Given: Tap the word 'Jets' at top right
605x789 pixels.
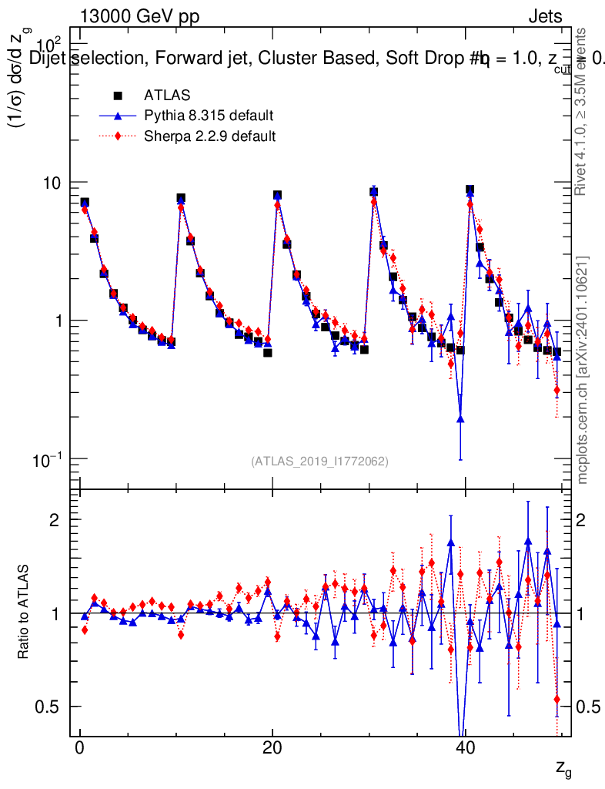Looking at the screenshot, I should [x=545, y=18].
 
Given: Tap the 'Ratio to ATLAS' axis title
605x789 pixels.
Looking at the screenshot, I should [x=25, y=613].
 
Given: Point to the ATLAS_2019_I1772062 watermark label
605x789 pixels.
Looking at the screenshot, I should [x=319, y=462].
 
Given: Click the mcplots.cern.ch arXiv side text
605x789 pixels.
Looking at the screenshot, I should [x=583, y=370].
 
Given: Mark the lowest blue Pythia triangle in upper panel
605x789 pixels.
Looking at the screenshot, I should [x=460, y=418].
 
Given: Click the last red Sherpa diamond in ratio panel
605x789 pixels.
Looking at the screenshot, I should [x=557, y=700].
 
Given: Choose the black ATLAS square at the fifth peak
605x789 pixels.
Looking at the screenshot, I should [x=470, y=190].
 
